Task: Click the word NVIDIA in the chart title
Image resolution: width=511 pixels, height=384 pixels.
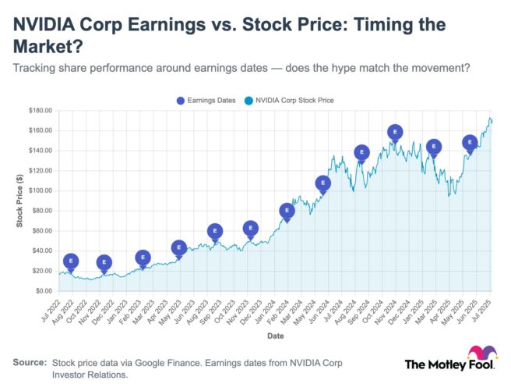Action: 49,24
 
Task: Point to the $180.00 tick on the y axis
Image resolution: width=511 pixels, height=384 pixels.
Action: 39,110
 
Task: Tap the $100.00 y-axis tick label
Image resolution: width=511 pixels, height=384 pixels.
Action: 39,190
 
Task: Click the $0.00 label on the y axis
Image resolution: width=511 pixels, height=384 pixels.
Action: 42,291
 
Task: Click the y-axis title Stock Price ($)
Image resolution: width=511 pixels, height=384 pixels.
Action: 19,201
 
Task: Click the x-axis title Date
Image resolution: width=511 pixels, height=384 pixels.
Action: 275,337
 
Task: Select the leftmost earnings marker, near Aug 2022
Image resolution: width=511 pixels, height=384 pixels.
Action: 71,261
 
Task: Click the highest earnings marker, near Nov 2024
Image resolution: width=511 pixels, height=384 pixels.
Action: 395,133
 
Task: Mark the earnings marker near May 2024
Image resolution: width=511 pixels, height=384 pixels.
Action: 322,183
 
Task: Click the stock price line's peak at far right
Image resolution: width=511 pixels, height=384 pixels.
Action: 490,119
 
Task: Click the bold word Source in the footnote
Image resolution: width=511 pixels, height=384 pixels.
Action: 29,363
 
